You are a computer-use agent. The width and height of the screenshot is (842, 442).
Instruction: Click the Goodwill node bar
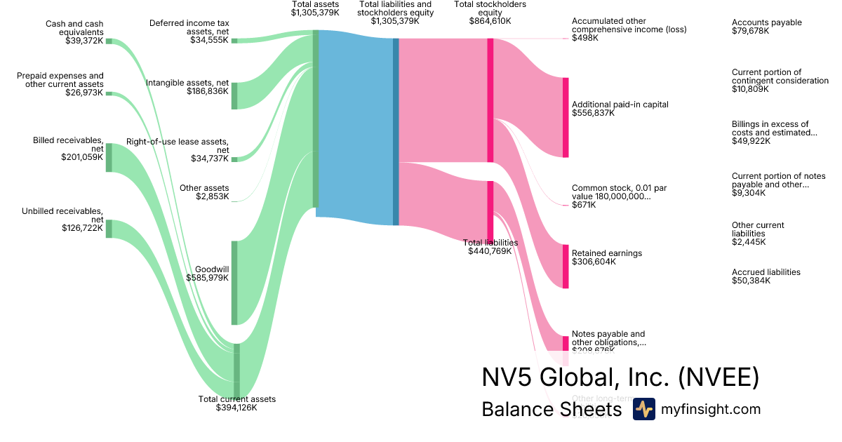coord(234,283)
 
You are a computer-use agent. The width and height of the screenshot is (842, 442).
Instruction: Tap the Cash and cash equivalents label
coord(74,27)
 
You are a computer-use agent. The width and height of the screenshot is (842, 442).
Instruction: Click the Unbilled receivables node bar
coord(109,229)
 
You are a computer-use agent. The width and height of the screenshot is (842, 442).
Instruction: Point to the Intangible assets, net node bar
coord(234,95)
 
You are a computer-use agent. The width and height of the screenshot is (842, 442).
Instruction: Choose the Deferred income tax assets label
coord(189,27)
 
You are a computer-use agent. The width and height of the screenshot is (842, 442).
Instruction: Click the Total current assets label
coord(237,399)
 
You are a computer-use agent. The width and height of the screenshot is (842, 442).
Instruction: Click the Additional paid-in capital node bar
coord(566,117)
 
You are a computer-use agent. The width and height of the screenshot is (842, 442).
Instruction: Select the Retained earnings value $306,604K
coord(594,262)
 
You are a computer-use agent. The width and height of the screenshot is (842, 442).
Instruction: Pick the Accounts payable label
coord(766,22)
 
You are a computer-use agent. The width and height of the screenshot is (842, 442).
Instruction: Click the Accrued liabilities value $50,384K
coord(751,281)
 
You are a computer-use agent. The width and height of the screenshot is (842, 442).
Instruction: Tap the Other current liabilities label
coord(758,229)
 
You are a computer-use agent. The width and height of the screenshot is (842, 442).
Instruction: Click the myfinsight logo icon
coord(643,409)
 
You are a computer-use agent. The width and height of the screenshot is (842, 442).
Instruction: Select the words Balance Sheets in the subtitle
coord(552,410)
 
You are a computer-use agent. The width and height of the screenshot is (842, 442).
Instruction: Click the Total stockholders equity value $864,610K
coord(490,21)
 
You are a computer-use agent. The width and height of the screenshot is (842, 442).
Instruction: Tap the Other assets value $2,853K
coord(213,196)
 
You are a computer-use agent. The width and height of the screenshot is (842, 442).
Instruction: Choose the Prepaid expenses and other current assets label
coord(60,80)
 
